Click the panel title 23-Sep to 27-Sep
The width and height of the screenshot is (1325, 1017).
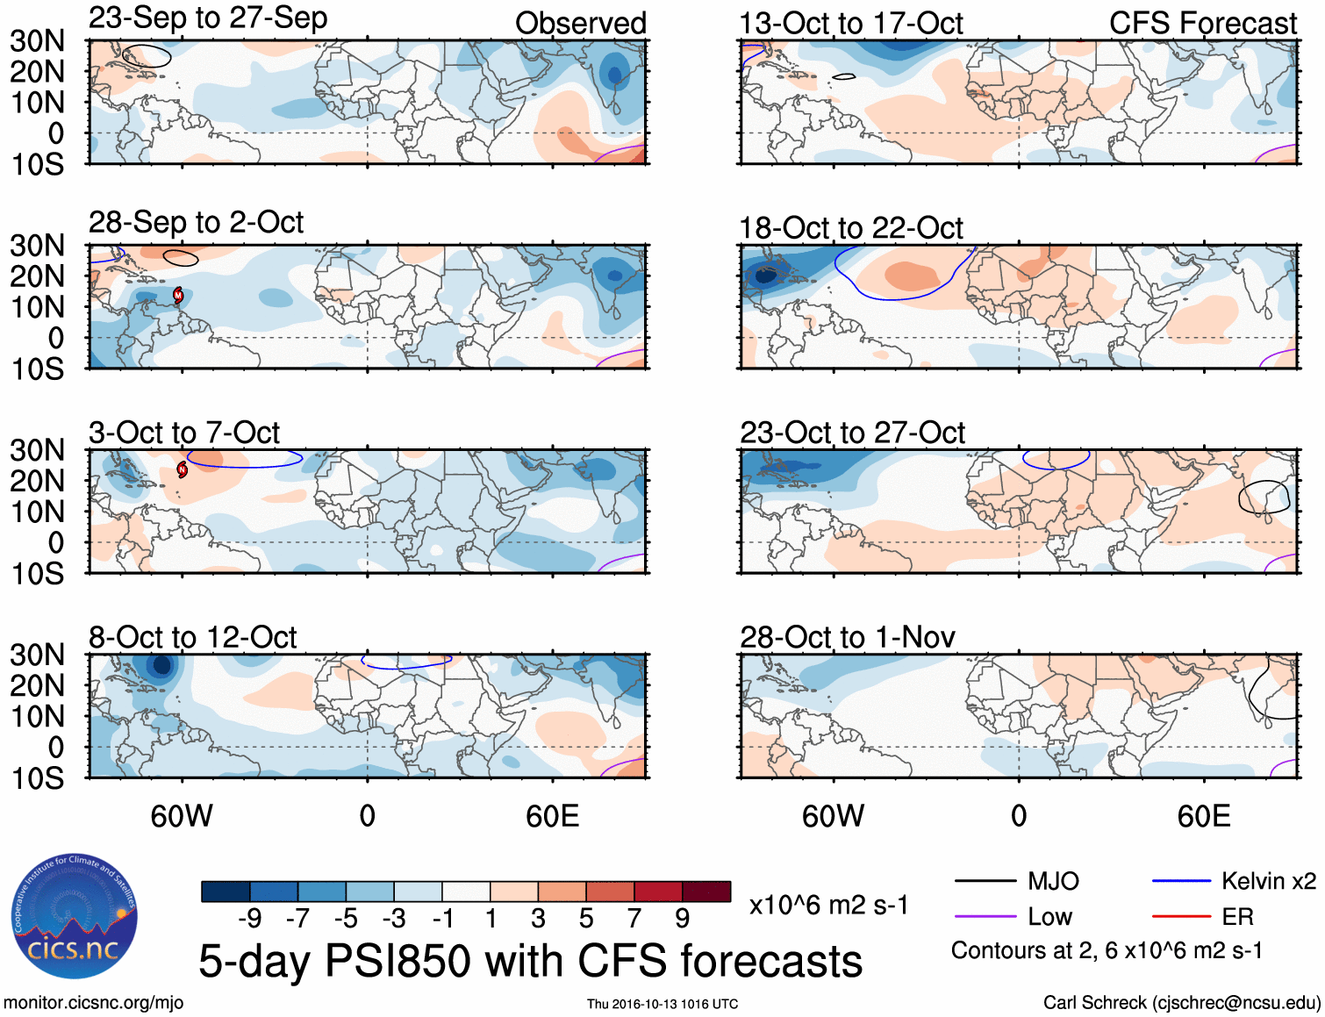pos(208,18)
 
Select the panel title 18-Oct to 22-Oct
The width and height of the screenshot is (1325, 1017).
pos(851,228)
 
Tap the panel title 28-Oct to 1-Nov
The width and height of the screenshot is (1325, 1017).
pos(848,637)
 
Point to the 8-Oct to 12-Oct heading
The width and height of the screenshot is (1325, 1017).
pos(193,637)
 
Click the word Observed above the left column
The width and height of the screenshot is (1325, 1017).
pos(581,24)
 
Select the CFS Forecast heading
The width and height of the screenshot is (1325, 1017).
pos(1203,24)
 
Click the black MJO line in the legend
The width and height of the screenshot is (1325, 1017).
pos(985,881)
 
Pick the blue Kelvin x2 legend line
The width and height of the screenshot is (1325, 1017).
pos(1181,881)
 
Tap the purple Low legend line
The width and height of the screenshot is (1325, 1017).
pos(985,917)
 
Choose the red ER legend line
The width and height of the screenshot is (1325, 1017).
pos(1181,917)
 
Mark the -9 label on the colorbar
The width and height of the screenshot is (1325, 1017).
pos(249,919)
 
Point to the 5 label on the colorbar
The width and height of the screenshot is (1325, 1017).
pos(586,919)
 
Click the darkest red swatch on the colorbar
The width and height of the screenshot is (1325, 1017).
pos(706,892)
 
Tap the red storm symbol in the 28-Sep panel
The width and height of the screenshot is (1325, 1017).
pos(178,295)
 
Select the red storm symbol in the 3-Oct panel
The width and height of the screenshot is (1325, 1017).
pos(183,470)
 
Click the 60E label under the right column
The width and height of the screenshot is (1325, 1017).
pos(1204,816)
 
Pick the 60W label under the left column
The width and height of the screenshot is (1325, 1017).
pos(182,816)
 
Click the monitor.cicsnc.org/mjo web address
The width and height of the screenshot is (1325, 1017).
pos(94,1003)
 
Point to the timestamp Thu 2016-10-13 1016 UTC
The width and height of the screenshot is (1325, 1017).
pos(662,1004)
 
